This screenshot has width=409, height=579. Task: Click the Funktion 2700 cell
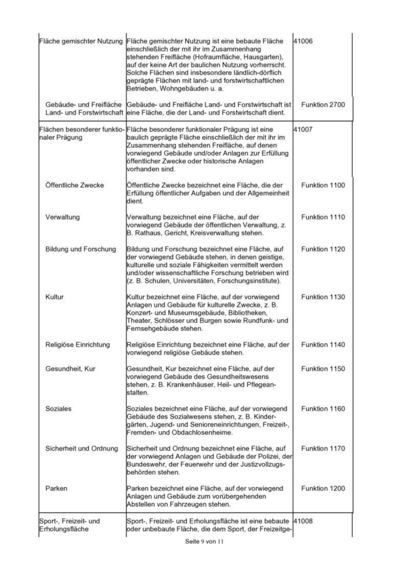point(323,105)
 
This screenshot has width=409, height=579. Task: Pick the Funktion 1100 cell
point(323,185)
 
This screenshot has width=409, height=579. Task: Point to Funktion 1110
point(323,217)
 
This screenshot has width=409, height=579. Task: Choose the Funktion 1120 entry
point(323,249)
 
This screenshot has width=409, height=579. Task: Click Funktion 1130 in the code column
point(323,297)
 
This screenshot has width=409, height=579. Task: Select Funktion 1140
point(323,345)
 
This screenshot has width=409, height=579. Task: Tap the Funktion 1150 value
point(323,369)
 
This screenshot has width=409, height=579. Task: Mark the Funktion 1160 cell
point(323,409)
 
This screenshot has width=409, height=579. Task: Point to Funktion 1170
point(323,449)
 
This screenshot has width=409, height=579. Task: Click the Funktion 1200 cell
point(323,488)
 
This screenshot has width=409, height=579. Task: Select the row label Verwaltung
point(62,217)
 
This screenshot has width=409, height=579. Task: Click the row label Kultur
point(55,297)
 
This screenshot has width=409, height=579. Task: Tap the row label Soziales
point(58,409)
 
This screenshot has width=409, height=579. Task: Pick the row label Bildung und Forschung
point(81,249)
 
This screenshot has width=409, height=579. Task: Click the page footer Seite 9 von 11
point(204,542)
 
